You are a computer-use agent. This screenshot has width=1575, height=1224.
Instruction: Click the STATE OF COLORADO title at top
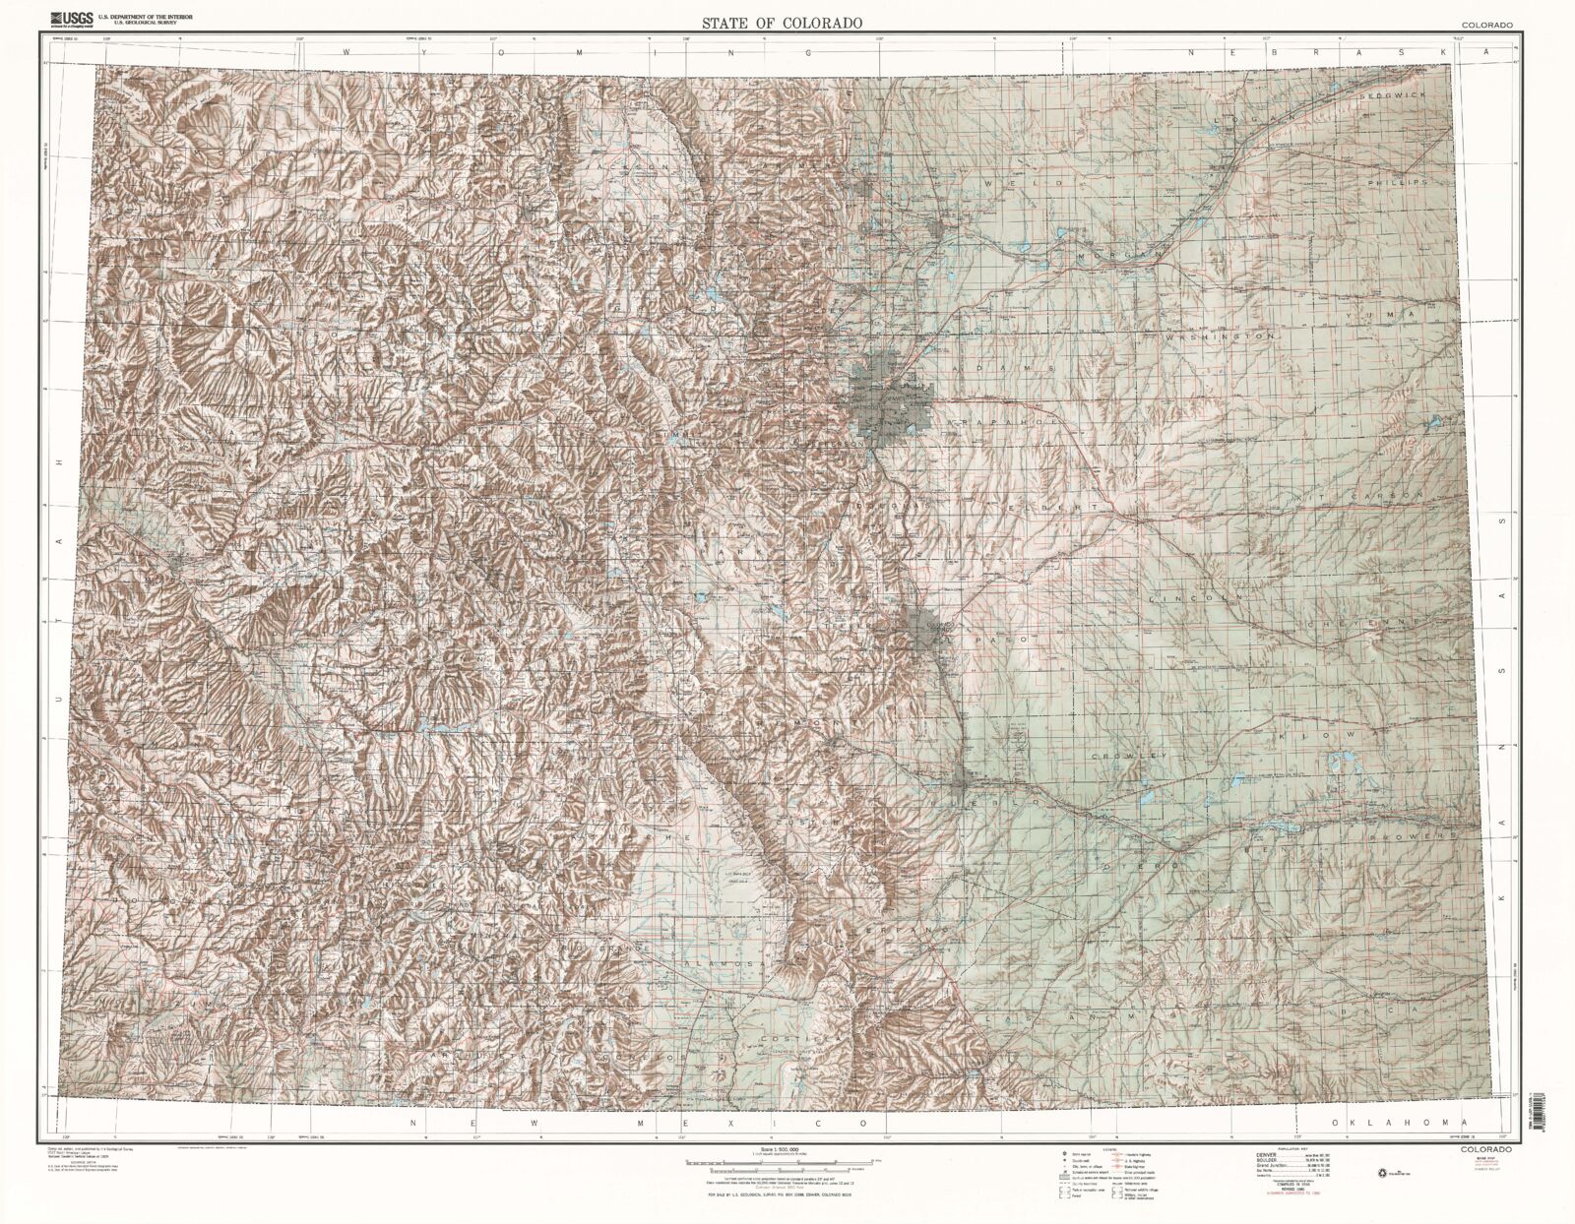783,22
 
